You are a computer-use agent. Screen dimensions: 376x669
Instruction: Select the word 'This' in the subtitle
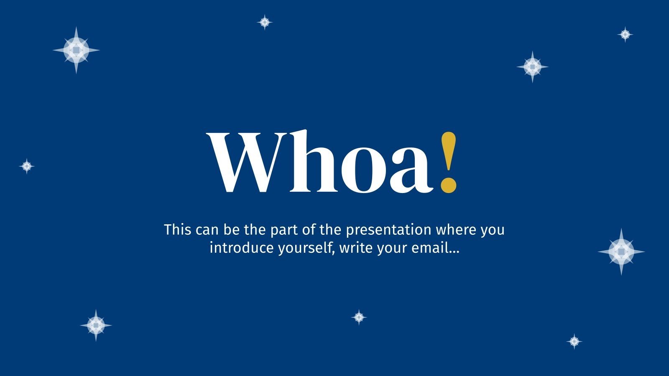point(178,230)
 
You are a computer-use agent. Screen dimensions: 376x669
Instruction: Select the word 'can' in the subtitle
point(207,230)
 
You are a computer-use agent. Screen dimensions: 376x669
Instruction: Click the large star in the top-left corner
point(76,50)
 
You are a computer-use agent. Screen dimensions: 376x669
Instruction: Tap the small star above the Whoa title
point(265,22)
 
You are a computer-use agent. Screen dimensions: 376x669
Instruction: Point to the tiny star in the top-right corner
point(625,34)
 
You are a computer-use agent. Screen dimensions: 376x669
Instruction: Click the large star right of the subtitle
point(621,252)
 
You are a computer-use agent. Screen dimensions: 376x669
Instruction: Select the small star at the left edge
point(27,166)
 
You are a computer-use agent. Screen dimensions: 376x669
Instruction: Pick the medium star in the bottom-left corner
point(96,325)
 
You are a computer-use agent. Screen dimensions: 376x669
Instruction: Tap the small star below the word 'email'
point(359,318)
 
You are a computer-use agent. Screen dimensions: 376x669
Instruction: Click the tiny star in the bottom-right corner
point(575,342)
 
